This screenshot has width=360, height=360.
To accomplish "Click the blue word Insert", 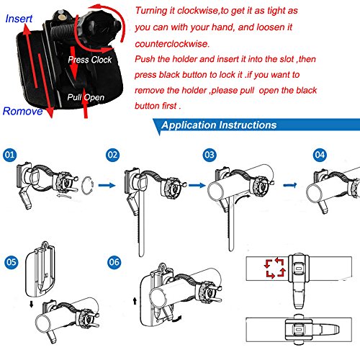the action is (19, 19).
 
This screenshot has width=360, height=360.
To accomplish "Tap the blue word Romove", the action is (22, 111).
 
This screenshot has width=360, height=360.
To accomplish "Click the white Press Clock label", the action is (90, 60).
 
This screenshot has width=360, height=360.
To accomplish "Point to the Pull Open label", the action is (86, 97).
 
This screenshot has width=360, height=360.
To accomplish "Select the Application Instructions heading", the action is (219, 125).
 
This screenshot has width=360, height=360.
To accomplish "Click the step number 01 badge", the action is (10, 155).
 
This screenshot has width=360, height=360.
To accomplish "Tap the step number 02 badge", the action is (112, 155).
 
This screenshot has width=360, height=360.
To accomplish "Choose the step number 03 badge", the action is (210, 155).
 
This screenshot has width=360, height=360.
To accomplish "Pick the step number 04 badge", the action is (320, 155).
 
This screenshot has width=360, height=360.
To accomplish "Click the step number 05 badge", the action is (12, 262).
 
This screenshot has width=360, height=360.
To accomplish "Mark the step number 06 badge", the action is (114, 262).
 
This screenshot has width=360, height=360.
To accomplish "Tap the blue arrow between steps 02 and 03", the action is (197, 185).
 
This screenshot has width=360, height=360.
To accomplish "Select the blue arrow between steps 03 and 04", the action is (290, 185).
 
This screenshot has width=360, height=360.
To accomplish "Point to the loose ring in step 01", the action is (82, 186).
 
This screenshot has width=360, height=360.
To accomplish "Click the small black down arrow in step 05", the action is (31, 305).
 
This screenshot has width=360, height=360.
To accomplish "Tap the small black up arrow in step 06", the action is (135, 301).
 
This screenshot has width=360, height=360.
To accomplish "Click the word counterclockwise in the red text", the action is (172, 44).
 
